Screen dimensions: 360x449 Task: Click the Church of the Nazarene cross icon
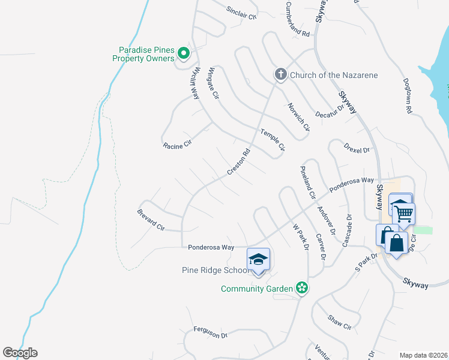280,74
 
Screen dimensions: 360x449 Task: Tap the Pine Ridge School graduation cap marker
259,259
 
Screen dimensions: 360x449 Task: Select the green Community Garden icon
303,289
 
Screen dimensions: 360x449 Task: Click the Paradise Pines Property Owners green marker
184,54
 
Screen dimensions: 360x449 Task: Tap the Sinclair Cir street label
241,13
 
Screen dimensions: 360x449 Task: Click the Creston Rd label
238,163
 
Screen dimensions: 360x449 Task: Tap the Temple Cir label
272,140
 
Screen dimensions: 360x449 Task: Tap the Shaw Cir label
339,322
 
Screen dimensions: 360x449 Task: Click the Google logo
20,353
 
